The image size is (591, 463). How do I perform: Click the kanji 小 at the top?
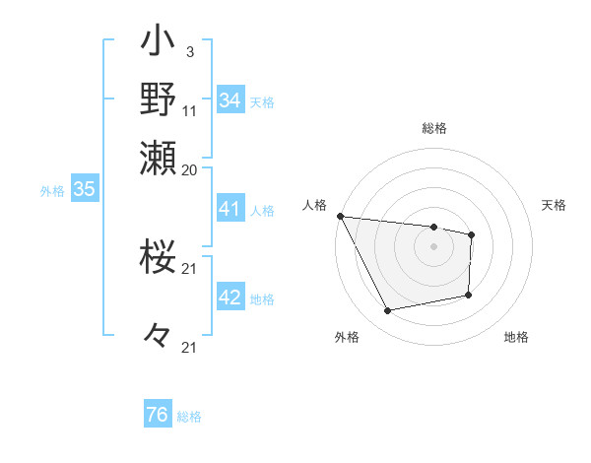[x=158, y=43]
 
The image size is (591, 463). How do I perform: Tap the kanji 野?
[x=158, y=99]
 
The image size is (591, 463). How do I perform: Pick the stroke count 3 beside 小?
[x=189, y=50]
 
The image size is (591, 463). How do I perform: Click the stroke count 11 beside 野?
[x=190, y=109]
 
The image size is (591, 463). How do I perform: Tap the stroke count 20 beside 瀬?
[x=190, y=168]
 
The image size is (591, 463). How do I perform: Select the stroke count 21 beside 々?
[x=190, y=347]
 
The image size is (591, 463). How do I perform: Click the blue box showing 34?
[x=230, y=100]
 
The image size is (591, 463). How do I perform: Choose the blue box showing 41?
[x=230, y=209]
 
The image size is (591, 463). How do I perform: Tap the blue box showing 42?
[x=230, y=298]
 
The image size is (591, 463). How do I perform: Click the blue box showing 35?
[x=84, y=190]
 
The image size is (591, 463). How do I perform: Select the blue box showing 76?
[x=157, y=415]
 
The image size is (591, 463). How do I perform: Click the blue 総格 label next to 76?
[x=189, y=417]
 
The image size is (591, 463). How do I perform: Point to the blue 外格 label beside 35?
[x=51, y=191]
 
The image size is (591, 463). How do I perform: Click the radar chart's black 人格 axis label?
[x=315, y=205]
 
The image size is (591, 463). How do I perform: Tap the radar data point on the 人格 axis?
[x=340, y=216]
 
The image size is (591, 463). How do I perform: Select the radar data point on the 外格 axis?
[x=387, y=311]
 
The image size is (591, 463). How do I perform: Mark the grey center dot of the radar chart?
[x=433, y=246]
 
